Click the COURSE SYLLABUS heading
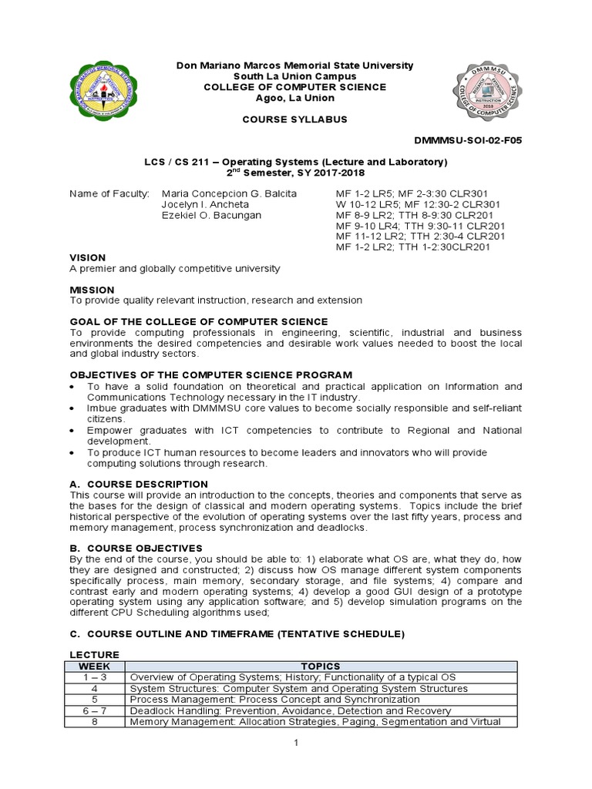(x=295, y=119)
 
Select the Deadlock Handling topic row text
(x=291, y=710)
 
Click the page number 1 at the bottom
(x=296, y=742)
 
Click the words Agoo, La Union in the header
(x=295, y=98)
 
